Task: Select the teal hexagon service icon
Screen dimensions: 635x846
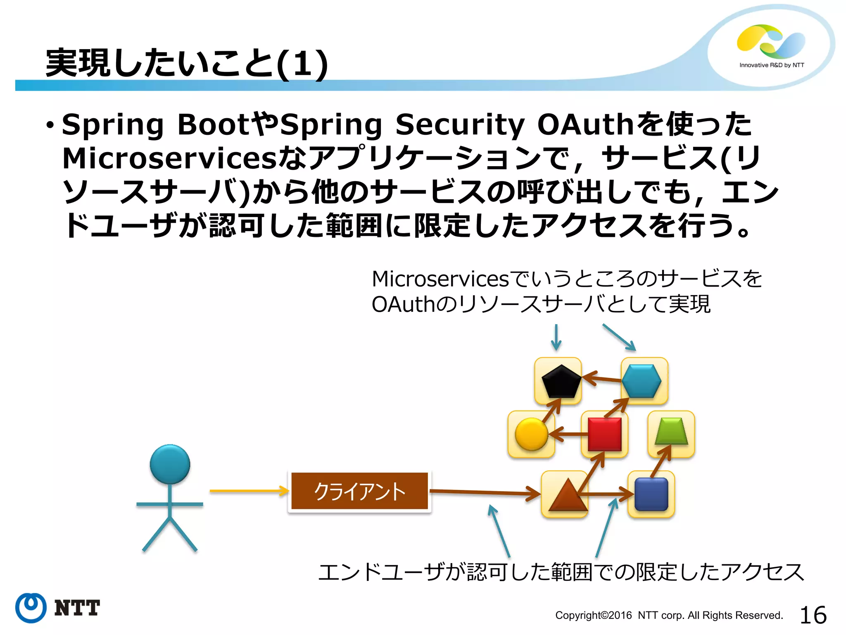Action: (642, 381)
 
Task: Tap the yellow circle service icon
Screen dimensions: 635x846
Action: (531, 434)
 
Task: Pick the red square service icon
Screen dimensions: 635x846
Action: (605, 434)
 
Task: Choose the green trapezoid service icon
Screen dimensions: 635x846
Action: (671, 432)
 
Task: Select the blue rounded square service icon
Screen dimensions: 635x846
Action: (651, 494)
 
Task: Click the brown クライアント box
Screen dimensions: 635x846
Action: (359, 491)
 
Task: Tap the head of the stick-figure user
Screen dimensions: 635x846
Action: (170, 464)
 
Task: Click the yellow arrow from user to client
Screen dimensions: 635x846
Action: (248, 491)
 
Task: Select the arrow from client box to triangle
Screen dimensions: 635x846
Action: (483, 492)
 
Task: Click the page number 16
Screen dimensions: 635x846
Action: (813, 615)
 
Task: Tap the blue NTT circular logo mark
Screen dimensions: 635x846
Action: (31, 608)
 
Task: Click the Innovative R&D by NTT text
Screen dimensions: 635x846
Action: (772, 65)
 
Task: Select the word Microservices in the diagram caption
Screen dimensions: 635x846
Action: (440, 279)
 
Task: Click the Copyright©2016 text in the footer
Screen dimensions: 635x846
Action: (593, 616)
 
